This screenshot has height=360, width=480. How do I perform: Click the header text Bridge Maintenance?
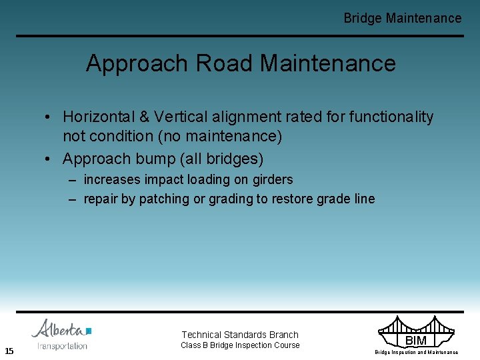click(x=402, y=19)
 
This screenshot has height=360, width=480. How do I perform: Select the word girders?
click(x=271, y=179)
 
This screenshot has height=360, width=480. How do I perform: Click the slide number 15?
click(x=9, y=351)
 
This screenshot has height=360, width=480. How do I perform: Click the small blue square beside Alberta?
click(x=89, y=331)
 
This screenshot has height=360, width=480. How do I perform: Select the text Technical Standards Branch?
click(x=240, y=335)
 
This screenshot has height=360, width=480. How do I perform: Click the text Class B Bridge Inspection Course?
click(x=240, y=345)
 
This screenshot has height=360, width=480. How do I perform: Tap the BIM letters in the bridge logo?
click(x=416, y=341)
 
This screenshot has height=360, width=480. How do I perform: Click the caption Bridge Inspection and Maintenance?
click(x=416, y=352)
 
